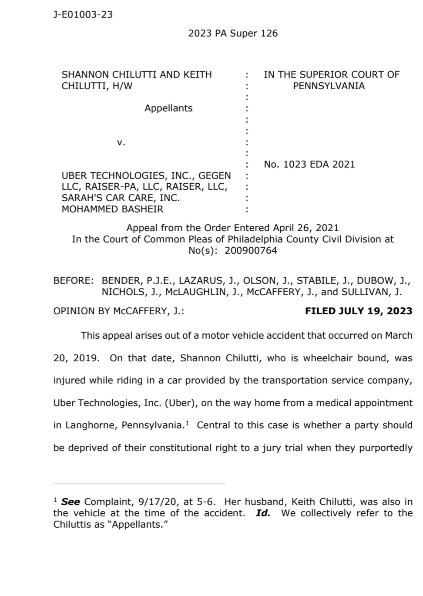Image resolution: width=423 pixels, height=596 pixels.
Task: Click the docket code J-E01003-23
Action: tap(83, 15)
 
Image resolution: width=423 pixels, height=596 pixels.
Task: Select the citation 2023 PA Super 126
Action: tap(233, 34)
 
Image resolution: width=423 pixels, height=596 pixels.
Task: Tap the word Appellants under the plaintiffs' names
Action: tap(168, 108)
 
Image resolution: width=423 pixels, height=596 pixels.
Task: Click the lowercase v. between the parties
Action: tap(121, 142)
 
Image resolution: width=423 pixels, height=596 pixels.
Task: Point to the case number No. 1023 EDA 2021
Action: tap(309, 165)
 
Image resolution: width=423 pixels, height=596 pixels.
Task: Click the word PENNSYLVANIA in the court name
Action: tap(329, 86)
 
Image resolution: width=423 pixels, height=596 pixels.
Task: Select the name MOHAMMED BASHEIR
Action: tap(112, 209)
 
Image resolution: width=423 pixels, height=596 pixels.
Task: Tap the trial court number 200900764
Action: tap(251, 251)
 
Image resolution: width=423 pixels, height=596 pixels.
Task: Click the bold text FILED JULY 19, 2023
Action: tap(358, 311)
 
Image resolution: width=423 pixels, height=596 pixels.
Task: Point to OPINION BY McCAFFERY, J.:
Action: tap(118, 311)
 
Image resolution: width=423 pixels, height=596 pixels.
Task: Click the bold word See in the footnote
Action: tap(70, 502)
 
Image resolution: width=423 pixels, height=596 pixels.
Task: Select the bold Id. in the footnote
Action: tap(263, 513)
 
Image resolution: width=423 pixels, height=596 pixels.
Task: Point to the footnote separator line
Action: tap(139, 483)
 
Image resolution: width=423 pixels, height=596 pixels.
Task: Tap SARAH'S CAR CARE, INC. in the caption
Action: tap(121, 198)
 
